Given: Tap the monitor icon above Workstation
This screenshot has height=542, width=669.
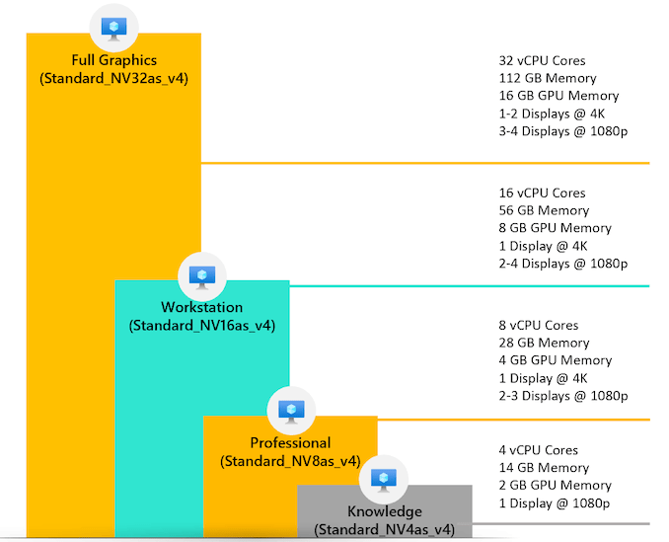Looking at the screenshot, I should click(x=201, y=275).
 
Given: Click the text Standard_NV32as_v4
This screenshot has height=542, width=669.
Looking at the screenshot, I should click(x=113, y=78).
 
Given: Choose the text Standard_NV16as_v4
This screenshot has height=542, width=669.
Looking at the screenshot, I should click(x=201, y=325).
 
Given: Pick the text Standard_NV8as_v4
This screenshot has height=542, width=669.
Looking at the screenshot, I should click(x=290, y=461).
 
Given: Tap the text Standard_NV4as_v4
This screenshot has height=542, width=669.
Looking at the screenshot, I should click(x=384, y=530).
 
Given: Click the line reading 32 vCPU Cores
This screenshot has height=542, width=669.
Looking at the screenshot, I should click(x=542, y=60).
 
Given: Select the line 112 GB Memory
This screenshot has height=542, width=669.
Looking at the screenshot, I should click(x=548, y=78).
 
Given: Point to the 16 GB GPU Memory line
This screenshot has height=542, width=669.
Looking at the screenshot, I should click(x=558, y=96).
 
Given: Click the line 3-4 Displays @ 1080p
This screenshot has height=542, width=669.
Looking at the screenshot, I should click(x=563, y=131).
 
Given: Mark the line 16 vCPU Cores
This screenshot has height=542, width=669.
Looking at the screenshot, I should click(x=542, y=193).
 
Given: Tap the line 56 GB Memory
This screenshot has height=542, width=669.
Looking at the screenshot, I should click(x=544, y=210).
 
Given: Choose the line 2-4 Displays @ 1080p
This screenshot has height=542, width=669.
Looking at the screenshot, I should click(x=563, y=264).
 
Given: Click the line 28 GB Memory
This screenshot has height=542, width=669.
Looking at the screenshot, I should click(x=544, y=343).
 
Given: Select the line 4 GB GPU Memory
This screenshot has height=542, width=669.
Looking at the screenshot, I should click(x=556, y=360).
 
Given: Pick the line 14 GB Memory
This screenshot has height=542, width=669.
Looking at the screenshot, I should click(x=544, y=468).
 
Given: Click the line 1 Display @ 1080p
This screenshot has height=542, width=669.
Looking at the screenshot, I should click(x=555, y=503).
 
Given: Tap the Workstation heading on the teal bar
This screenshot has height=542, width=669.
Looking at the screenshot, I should click(x=201, y=307).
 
